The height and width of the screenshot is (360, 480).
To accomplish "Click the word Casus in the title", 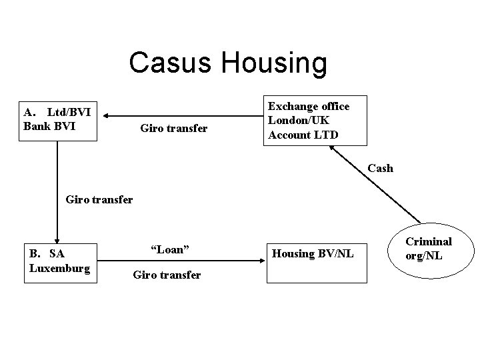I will [x=170, y=63].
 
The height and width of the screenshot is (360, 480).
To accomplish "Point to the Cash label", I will [x=380, y=168].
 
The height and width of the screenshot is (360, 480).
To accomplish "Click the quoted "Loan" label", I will [x=170, y=249].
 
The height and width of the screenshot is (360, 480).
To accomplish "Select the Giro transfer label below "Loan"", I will [x=167, y=274].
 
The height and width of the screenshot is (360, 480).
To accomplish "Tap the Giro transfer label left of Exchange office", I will [x=174, y=127].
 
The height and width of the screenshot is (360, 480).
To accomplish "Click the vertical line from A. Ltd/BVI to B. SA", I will [x=57, y=187].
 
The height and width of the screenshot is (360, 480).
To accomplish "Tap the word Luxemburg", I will [x=60, y=267].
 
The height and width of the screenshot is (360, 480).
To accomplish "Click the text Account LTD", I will [x=303, y=134].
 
